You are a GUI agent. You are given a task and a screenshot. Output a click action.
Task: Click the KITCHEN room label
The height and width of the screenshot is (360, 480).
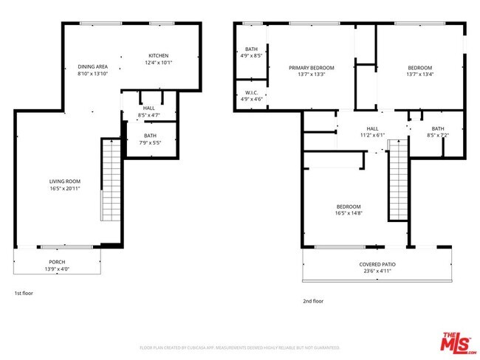point(159,56)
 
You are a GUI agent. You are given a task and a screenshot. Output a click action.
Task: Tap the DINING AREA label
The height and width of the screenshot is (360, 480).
point(93,66)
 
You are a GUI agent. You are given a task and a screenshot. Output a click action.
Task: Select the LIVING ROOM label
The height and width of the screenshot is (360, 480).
point(64,181)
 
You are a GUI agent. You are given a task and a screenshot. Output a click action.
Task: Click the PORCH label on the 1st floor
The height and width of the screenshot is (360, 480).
point(57,262)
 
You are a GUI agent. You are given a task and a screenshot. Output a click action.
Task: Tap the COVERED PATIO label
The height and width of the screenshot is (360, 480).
point(377,265)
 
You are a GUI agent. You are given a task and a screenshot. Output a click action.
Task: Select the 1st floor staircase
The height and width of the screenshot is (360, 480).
point(110,181)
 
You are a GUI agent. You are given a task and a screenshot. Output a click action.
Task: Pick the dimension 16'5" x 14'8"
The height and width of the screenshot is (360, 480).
point(349,213)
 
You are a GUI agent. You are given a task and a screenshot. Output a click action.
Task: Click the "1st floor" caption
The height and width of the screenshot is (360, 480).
point(24,294)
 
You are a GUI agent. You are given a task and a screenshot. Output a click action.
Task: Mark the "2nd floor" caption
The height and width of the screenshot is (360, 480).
point(313,301)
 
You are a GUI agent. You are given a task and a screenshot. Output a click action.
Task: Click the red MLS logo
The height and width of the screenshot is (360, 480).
point(458,343)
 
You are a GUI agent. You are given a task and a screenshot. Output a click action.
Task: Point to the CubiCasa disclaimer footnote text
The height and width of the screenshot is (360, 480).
point(239,347)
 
